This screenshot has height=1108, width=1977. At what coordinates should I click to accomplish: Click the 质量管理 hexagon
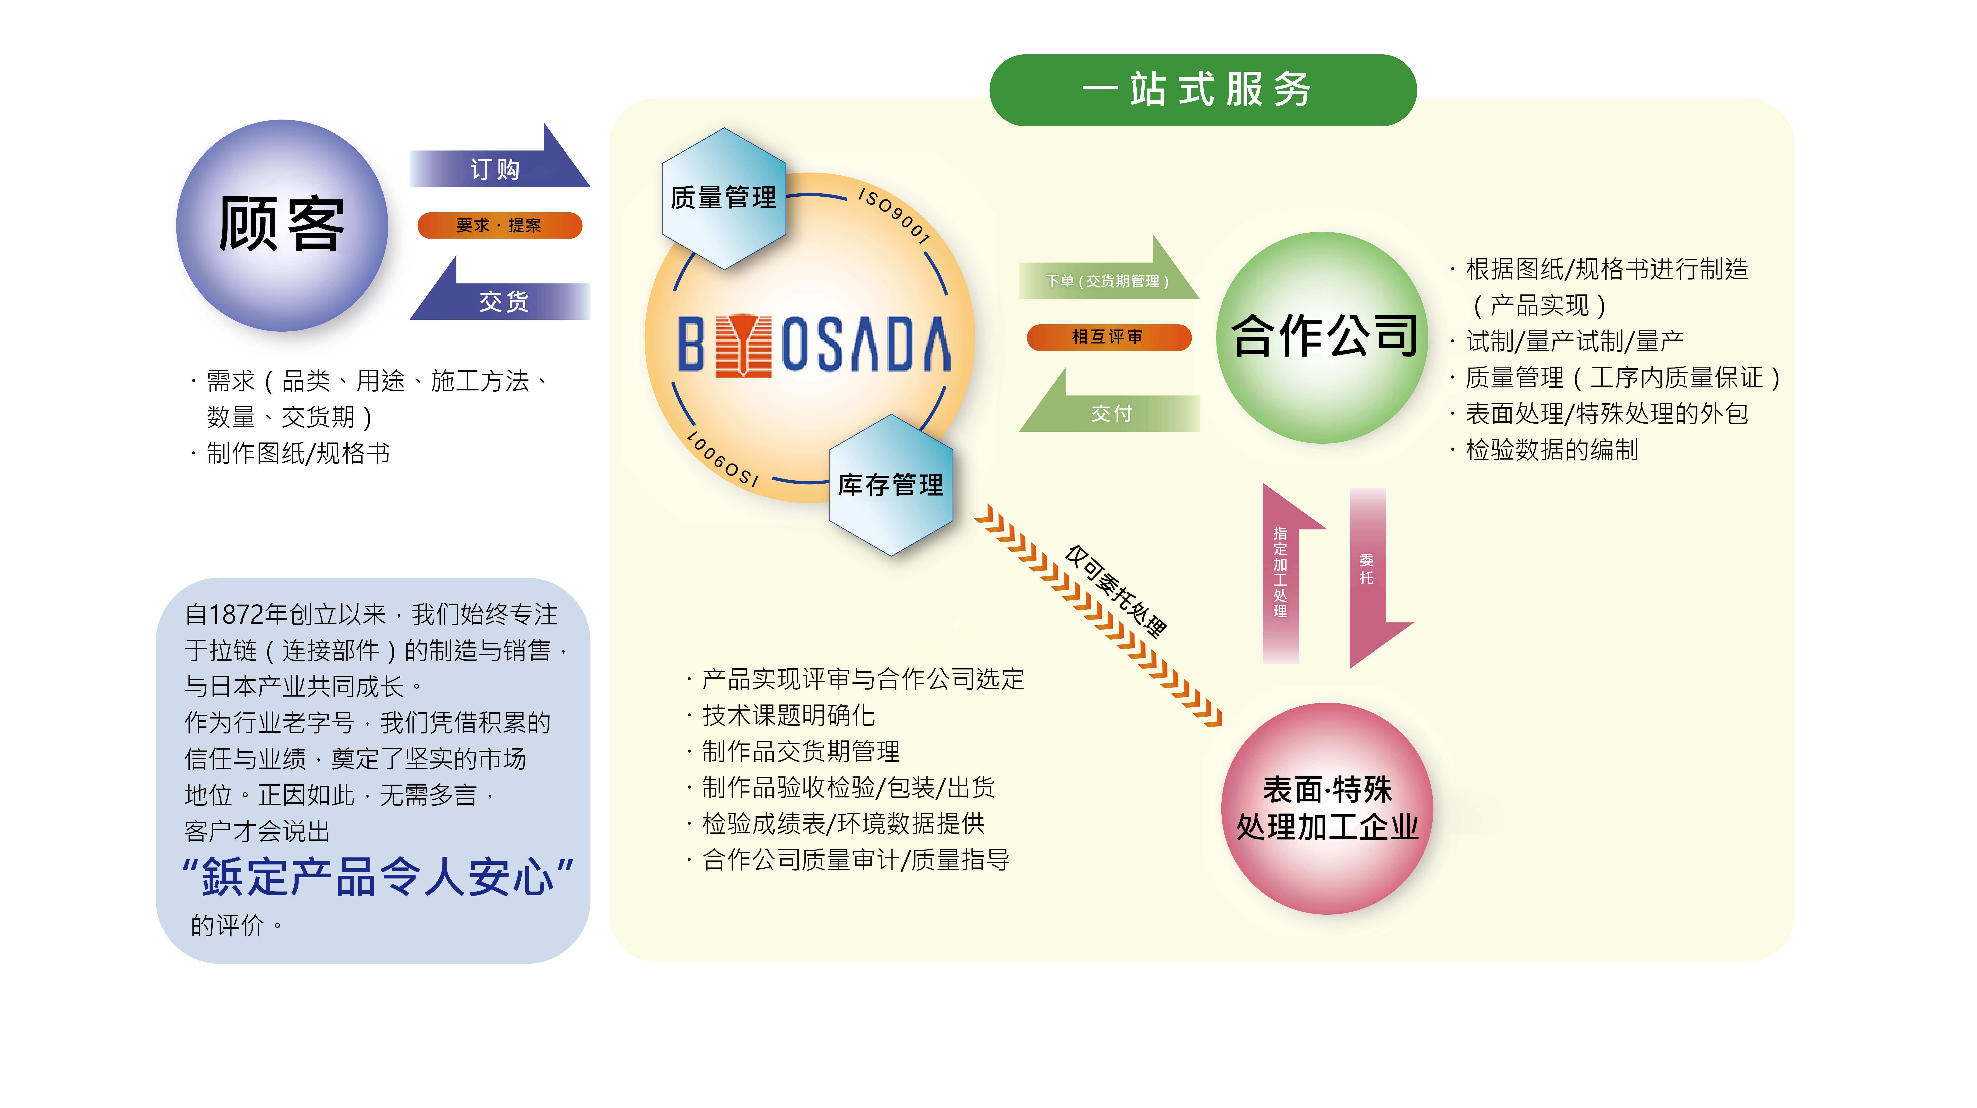click(x=724, y=198)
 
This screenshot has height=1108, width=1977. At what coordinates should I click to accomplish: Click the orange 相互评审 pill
click(x=1108, y=337)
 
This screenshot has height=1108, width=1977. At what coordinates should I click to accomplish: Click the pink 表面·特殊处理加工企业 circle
click(x=1327, y=808)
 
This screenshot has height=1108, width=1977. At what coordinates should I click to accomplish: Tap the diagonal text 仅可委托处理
click(x=1117, y=591)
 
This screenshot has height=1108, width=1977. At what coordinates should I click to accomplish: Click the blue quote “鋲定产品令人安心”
click(x=378, y=876)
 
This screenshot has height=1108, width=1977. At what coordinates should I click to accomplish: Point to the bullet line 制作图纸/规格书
click(x=298, y=453)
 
